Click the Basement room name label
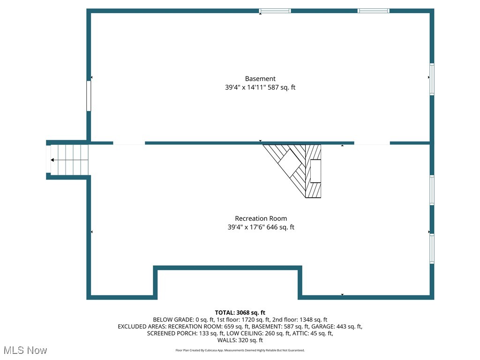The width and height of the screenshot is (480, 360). click(260, 79)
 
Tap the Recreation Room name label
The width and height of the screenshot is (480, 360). click(261, 218)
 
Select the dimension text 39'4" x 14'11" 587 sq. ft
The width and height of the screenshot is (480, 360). click(260, 87)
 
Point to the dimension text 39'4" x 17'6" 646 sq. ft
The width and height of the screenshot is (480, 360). click(261, 227)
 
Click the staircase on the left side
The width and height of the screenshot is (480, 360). click(69, 160)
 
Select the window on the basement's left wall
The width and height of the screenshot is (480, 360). click(89, 96)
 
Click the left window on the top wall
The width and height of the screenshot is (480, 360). click(275, 11)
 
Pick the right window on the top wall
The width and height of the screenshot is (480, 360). click(374, 11)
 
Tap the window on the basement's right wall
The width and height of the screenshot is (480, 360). click(432, 80)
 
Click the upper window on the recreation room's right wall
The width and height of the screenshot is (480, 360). click(432, 190)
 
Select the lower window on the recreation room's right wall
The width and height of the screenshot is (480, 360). click(432, 249)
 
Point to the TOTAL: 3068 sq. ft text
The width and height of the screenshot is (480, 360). click(240, 313)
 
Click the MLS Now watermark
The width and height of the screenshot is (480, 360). click(25, 350)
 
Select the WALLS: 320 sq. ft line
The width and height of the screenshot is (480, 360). click(240, 340)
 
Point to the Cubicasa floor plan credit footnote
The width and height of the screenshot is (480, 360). click(240, 350)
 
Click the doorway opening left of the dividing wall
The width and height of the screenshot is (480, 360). click(129, 143)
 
